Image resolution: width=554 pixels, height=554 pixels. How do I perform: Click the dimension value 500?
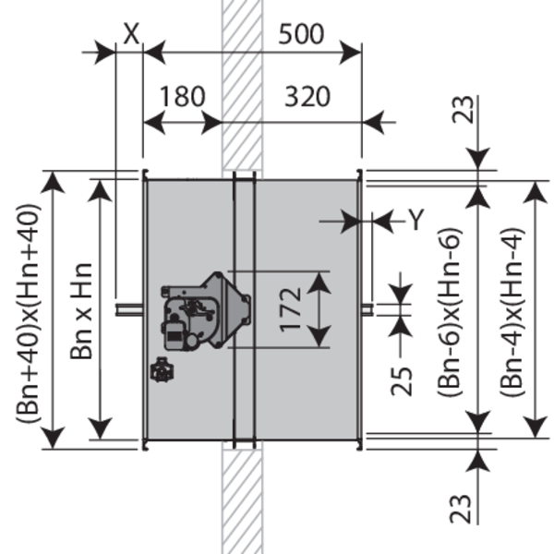pyautogui.click(x=302, y=34)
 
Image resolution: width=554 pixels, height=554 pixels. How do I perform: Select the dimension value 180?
pyautogui.click(x=182, y=96)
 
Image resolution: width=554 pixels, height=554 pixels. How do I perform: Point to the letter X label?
pyautogui.click(x=131, y=32)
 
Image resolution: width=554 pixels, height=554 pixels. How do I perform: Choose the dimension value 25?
pyautogui.click(x=401, y=370)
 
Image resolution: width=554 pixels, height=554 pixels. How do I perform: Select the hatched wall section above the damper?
pyautogui.click(x=243, y=83)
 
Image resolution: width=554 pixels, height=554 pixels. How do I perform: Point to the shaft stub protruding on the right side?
pyautogui.click(x=367, y=308)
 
